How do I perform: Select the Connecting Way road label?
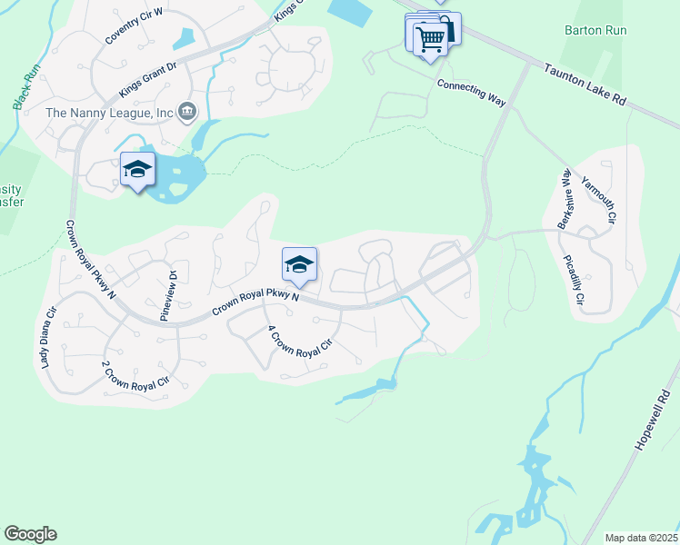471,92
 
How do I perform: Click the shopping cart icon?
429,38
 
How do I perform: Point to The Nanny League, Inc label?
110,113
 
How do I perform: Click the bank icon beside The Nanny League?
187,112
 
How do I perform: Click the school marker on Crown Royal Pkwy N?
299,264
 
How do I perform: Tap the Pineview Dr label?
167,296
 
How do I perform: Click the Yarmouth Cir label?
598,200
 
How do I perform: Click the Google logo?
30,534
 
